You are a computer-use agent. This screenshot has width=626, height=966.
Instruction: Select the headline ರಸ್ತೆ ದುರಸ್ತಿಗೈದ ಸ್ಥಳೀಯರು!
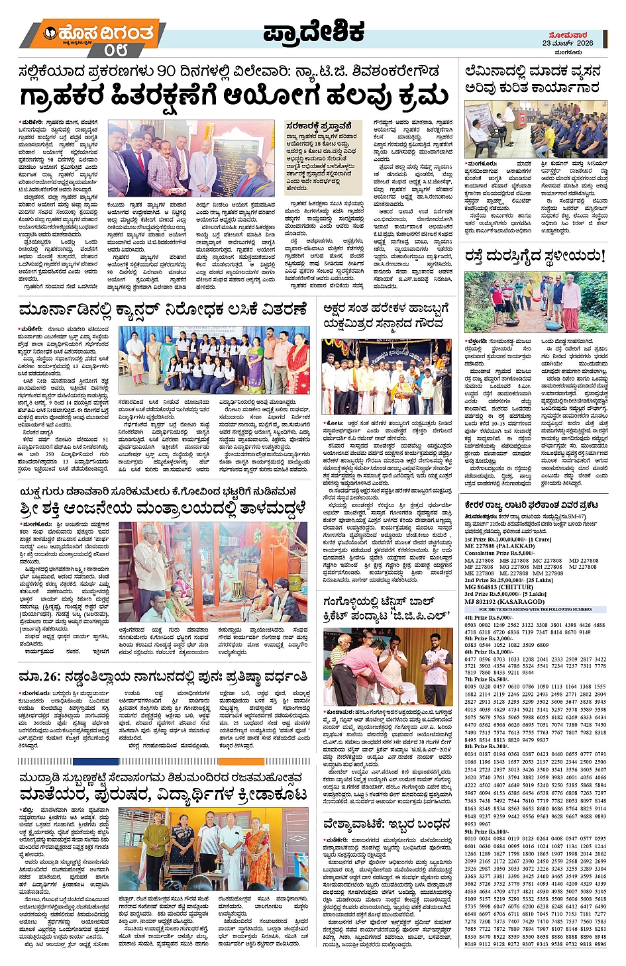coord(535,256)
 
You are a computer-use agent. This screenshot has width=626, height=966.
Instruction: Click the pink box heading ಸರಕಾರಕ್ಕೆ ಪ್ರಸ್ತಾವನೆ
coord(319,125)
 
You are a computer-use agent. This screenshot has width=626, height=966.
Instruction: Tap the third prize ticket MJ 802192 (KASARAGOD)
coord(504,601)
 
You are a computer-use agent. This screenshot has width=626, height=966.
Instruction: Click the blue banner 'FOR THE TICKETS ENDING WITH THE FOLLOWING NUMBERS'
coord(535,609)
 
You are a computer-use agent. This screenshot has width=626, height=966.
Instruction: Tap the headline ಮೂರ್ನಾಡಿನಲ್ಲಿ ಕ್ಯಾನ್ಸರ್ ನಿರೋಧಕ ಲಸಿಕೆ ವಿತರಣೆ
coord(163,310)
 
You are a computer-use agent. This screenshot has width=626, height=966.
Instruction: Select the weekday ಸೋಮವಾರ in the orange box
coord(568,34)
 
